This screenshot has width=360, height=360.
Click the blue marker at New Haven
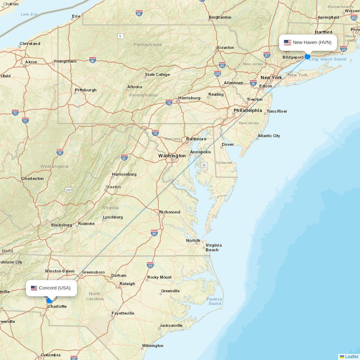pyautogui.click(x=307, y=57)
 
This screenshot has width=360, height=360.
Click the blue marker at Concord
pyautogui.click(x=49, y=301)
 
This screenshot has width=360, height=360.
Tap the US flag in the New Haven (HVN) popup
pyautogui.click(x=287, y=42)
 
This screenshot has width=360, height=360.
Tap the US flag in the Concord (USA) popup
pyautogui.click(x=34, y=288)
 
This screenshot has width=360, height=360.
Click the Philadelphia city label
pyautogui.click(x=248, y=110)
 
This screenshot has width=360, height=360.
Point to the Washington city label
pyautogui.click(x=172, y=156)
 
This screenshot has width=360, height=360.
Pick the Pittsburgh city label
pyautogui.click(x=86, y=90)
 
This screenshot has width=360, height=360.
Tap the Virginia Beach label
pyautogui.click(x=213, y=247)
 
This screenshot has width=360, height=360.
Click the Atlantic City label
pyautogui.click(x=269, y=136)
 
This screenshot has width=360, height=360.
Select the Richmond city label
pyautogui.click(x=170, y=212)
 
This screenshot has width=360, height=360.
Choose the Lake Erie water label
pyautogui.click(x=29, y=14)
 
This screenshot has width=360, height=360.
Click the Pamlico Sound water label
pyautogui.click(x=215, y=301)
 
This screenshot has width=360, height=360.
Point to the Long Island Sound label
pyautogui.click(x=327, y=59)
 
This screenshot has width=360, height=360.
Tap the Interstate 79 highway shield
pyautogui.click(x=60, y=152)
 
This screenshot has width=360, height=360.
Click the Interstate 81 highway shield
pyautogui.click(x=124, y=158)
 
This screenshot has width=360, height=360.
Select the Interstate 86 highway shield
pyautogui.click(x=139, y=13)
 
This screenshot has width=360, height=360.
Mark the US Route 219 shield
pyautogui.click(x=68, y=190)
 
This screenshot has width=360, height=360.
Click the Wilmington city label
pyautogui.click(x=153, y=346)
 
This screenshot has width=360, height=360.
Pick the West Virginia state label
pyautogui.click(x=54, y=166)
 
